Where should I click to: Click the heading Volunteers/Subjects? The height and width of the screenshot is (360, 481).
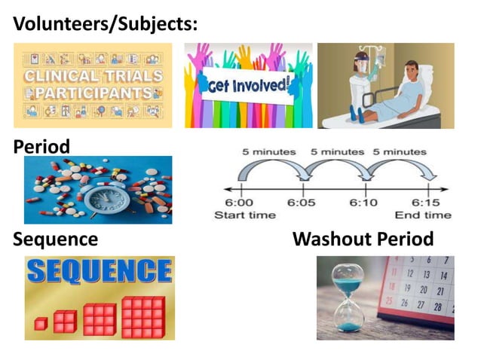(x=106, y=23)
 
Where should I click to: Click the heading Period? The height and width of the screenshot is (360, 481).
(x=41, y=145)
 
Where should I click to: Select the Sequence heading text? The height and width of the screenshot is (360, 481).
(x=56, y=239)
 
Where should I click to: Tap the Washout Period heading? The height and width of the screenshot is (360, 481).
(x=363, y=239)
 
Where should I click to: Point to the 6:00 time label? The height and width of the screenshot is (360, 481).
(x=240, y=203)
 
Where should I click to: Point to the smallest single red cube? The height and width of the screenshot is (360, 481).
(x=41, y=323)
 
